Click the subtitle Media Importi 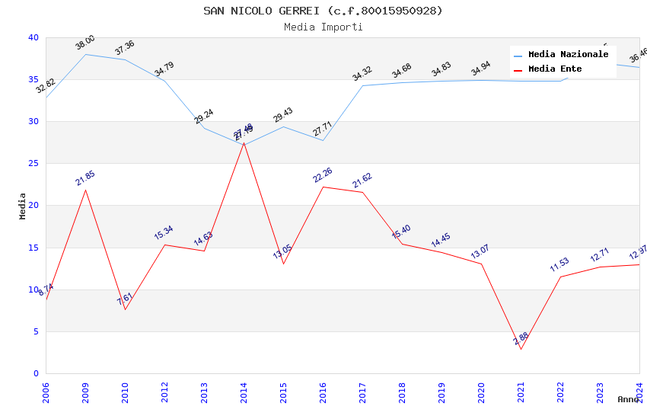tap(323, 27)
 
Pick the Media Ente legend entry tap(555, 69)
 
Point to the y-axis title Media tap(22, 206)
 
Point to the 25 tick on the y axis tap(33, 163)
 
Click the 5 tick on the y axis tap(36, 331)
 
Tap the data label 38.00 tap(85, 43)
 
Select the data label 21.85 tap(85, 178)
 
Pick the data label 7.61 tap(125, 299)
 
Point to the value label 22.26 tap(323, 175)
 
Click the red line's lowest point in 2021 tap(521, 349)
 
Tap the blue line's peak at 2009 tap(85, 54)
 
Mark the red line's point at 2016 tap(323, 187)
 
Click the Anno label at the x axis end tap(628, 399)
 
